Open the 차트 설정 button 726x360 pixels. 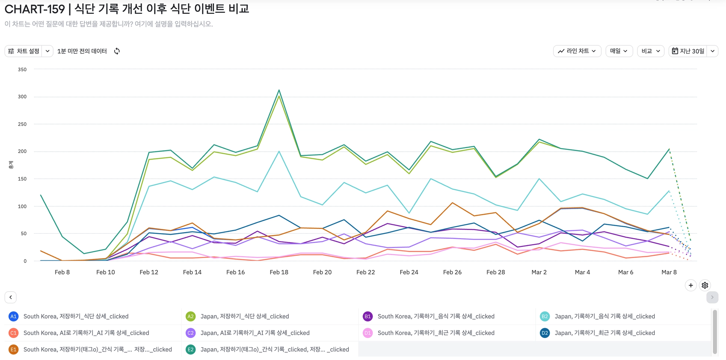tap(24, 51)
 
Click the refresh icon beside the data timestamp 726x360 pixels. tap(117, 51)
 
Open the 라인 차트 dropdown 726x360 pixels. tap(577, 51)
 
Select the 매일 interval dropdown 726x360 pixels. tap(619, 51)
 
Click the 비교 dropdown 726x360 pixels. tap(650, 51)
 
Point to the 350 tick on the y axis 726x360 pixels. tap(22, 69)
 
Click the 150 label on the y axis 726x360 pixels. tap(22, 179)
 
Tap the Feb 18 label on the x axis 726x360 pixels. tap(279, 272)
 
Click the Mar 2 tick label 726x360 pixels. tap(539, 272)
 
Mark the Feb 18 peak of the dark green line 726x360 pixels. tap(279, 90)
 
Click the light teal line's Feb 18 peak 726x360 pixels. tap(279, 151)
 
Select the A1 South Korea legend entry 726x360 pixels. tap(76, 316)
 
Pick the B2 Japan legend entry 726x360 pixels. tap(604, 316)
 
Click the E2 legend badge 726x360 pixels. tap(191, 350)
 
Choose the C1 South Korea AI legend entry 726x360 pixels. tap(86, 333)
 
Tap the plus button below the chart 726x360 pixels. tap(691, 285)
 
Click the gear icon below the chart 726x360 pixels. tap(705, 285)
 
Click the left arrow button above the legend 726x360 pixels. tap(11, 297)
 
